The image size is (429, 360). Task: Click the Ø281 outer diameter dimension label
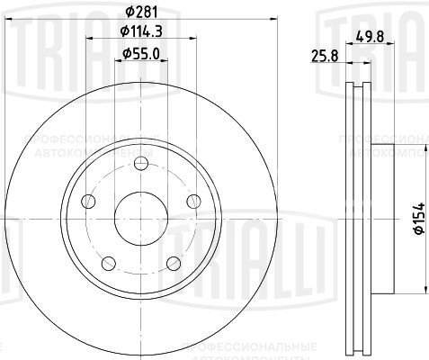point(139,12)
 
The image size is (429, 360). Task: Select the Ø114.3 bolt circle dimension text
point(139,34)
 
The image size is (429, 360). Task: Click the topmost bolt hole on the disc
point(139,165)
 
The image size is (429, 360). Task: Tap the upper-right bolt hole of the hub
point(192,202)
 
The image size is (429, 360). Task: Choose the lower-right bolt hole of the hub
point(173,263)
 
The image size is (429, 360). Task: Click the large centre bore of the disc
point(139,218)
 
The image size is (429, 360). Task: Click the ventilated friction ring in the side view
point(357,216)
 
